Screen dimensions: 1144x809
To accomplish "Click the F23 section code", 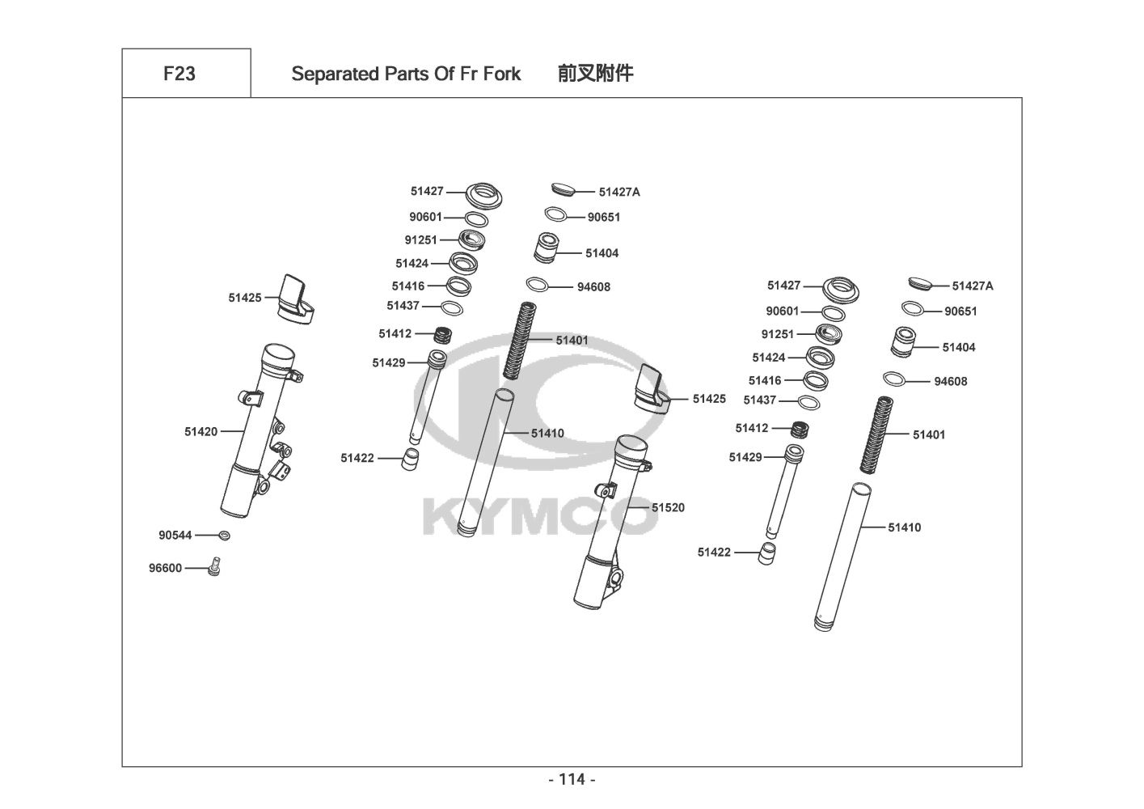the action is coord(179,74).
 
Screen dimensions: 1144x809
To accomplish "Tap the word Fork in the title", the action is coord(502,74).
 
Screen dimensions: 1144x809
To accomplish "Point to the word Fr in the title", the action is coord(468,74).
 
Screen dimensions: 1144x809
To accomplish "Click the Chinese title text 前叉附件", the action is coord(596,74).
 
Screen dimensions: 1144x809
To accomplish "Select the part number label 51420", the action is coord(201,432).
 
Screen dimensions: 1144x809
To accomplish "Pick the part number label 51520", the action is coord(668,507).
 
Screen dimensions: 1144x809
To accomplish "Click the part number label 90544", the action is coord(175,535).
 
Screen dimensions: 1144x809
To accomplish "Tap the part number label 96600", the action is coord(166,568).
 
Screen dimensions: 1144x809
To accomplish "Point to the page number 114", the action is coord(572,779).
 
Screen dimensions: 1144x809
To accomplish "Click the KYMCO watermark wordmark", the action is coord(540,518).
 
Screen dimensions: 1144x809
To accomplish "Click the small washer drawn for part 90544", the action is coord(224,536).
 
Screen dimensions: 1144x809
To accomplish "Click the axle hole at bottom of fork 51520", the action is coord(616,579).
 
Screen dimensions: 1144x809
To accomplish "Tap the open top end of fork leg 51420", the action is coord(279,354).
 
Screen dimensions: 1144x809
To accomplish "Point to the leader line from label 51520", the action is coord(639,507).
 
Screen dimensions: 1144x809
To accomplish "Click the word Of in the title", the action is coord(445,74).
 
